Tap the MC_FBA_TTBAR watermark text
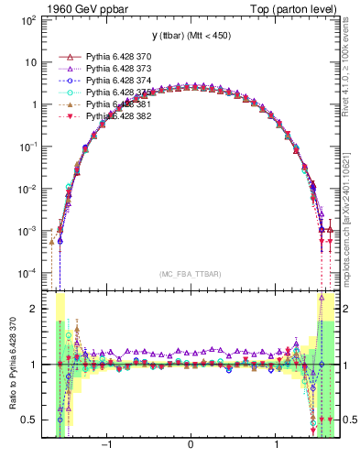(x=191, y=274)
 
